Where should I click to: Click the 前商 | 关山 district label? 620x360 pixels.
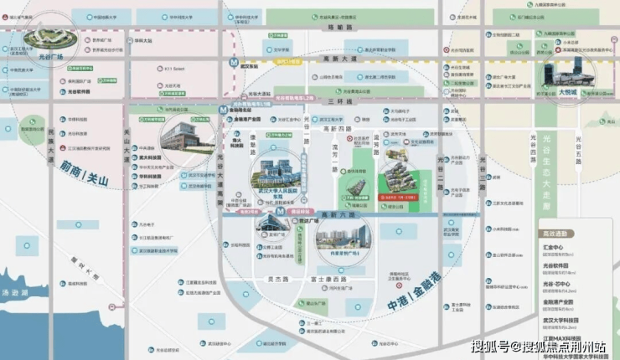(x=83, y=165)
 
